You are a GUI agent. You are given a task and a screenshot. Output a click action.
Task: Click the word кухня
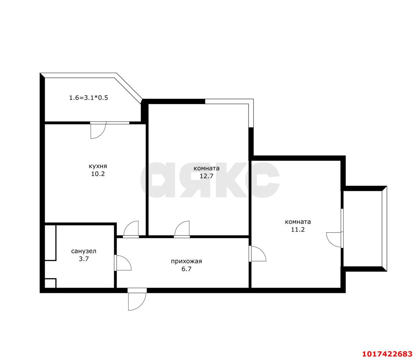click(98, 167)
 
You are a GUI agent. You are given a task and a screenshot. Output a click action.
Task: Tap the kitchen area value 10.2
click(98, 174)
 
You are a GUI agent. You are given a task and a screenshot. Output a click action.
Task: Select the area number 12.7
click(206, 176)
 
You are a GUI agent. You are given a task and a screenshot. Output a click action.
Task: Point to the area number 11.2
click(298, 229)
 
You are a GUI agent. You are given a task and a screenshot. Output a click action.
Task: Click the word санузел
click(84, 251)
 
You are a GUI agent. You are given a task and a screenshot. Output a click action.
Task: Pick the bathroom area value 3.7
click(84, 259)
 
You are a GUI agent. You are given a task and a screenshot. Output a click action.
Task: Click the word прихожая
click(186, 261)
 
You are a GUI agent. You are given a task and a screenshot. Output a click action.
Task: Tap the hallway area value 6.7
click(186, 269)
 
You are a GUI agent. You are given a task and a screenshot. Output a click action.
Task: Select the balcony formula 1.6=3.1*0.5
click(89, 98)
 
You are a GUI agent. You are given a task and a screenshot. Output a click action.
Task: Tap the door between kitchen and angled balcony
click(98, 130)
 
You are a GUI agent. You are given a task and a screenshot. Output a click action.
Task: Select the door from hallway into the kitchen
click(131, 229)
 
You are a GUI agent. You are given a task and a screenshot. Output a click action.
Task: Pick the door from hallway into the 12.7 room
click(182, 229)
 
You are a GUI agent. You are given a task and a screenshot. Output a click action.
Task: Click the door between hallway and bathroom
click(123, 263)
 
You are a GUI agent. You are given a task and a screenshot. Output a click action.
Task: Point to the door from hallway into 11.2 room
click(258, 254)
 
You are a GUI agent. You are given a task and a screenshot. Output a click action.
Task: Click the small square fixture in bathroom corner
click(50, 283)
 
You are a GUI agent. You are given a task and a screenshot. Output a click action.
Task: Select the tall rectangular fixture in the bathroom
click(50, 243)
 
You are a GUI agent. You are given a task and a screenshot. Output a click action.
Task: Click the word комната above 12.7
click(206, 169)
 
